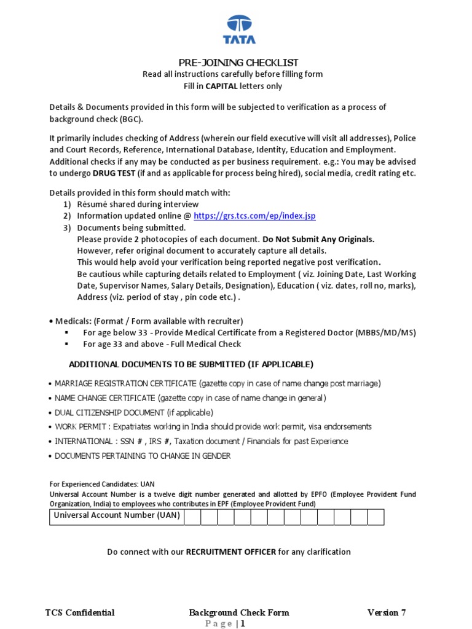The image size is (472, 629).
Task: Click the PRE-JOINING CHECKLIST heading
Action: click(x=238, y=63)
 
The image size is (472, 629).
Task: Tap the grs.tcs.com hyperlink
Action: click(x=254, y=216)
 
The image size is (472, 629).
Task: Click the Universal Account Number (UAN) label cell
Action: click(x=117, y=516)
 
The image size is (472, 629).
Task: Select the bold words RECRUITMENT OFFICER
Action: click(x=231, y=552)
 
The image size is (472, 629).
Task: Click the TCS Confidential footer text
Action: click(x=80, y=612)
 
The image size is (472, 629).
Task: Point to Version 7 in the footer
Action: click(x=387, y=612)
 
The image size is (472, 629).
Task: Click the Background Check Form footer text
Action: click(x=239, y=612)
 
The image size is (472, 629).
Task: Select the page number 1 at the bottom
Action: click(x=243, y=623)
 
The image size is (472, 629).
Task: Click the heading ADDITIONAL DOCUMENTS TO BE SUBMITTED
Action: click(x=191, y=364)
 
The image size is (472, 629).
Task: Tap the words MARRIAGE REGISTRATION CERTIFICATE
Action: click(x=126, y=383)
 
